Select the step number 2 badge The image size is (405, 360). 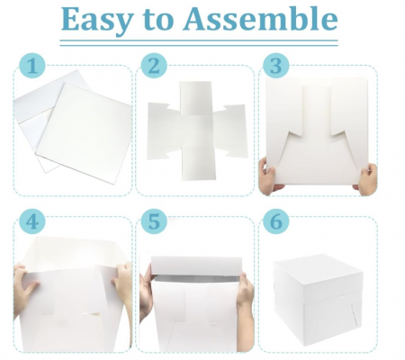tap(156, 66)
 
